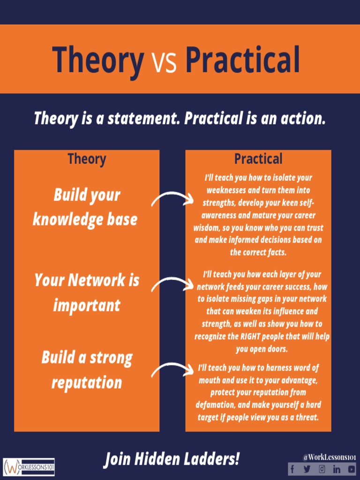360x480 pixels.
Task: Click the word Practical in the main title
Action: [x=242, y=60]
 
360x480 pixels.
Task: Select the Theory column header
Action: [x=87, y=159]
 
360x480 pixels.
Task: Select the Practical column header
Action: [x=258, y=159]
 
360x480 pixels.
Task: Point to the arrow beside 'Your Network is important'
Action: [x=172, y=285]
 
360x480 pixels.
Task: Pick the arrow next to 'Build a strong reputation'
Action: [x=172, y=370]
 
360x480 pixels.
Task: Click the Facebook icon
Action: [x=293, y=469]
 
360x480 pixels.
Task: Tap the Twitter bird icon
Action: [x=307, y=469]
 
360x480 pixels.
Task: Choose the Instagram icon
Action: [x=322, y=469]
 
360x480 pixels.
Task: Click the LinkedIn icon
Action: [x=337, y=469]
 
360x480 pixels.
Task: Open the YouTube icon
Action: [x=351, y=469]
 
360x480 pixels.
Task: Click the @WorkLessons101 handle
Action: [x=329, y=457]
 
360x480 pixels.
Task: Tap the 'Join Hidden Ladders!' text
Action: [x=171, y=459]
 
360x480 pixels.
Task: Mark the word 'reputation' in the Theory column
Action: [x=87, y=382]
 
